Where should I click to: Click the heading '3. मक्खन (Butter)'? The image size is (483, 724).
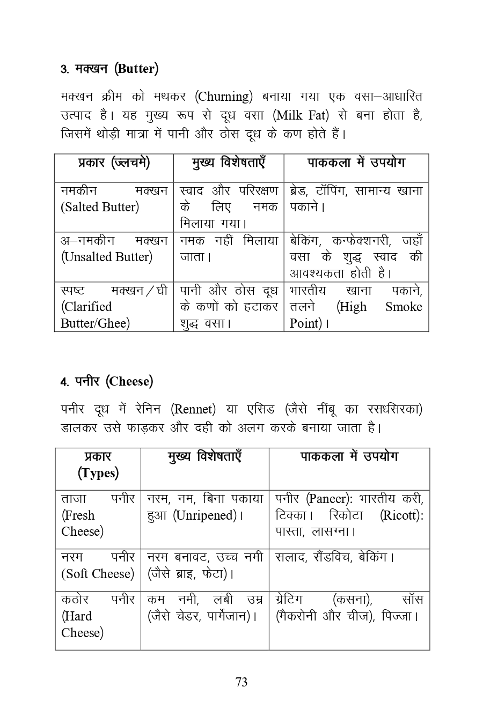tap(109, 69)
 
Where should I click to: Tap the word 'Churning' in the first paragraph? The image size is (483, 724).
tap(224, 97)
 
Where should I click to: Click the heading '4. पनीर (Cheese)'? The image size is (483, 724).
tap(107, 382)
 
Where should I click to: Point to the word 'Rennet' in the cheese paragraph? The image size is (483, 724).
tap(193, 410)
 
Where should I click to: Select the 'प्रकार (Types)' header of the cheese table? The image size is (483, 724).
tap(98, 465)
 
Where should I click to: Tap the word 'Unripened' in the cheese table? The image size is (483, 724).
tap(205, 515)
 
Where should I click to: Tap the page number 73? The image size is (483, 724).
tap(241, 682)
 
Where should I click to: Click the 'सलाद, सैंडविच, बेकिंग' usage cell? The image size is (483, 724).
tap(335, 557)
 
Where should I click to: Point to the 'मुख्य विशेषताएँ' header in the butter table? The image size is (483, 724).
tap(229, 163)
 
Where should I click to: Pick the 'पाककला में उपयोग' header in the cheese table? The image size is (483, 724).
tap(349, 457)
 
